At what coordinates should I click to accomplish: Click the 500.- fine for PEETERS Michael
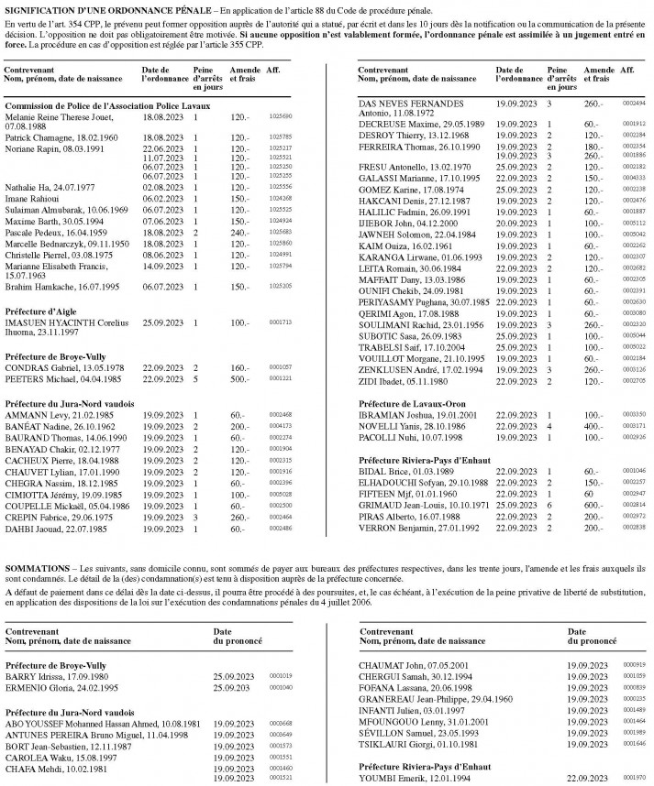pos(240,377)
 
